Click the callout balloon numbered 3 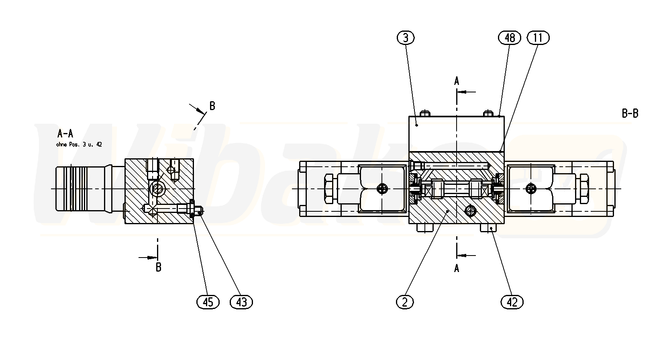pyautogui.click(x=406, y=38)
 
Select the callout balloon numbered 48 pyautogui.click(x=510, y=38)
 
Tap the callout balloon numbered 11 pyautogui.click(x=538, y=38)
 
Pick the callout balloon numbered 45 pyautogui.click(x=208, y=302)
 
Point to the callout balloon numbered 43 pyautogui.click(x=241, y=302)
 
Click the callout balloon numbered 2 pyautogui.click(x=405, y=302)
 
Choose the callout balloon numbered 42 pyautogui.click(x=512, y=302)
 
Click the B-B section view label pyautogui.click(x=630, y=113)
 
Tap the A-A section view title pyautogui.click(x=65, y=134)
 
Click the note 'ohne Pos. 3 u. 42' pyautogui.click(x=79, y=145)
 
